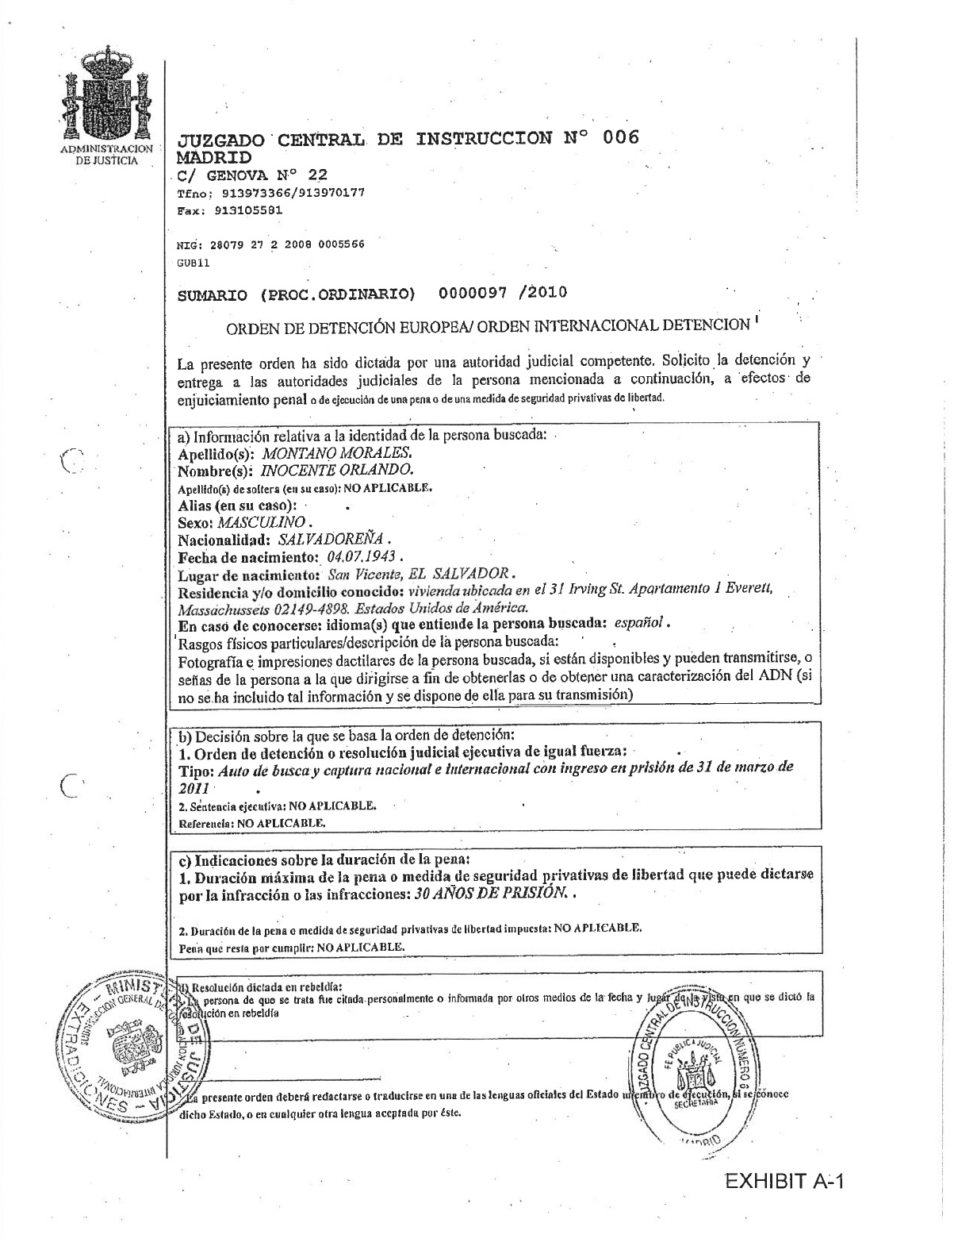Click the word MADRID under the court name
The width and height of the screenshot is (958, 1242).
pos(213,157)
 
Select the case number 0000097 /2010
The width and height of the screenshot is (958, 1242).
pos(503,293)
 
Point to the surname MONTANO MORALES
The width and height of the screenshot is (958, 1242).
pos(336,454)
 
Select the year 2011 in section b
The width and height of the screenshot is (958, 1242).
pos(194,788)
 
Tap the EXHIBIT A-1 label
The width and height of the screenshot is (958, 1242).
pos(785,1182)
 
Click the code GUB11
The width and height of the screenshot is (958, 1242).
pos(194,261)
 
